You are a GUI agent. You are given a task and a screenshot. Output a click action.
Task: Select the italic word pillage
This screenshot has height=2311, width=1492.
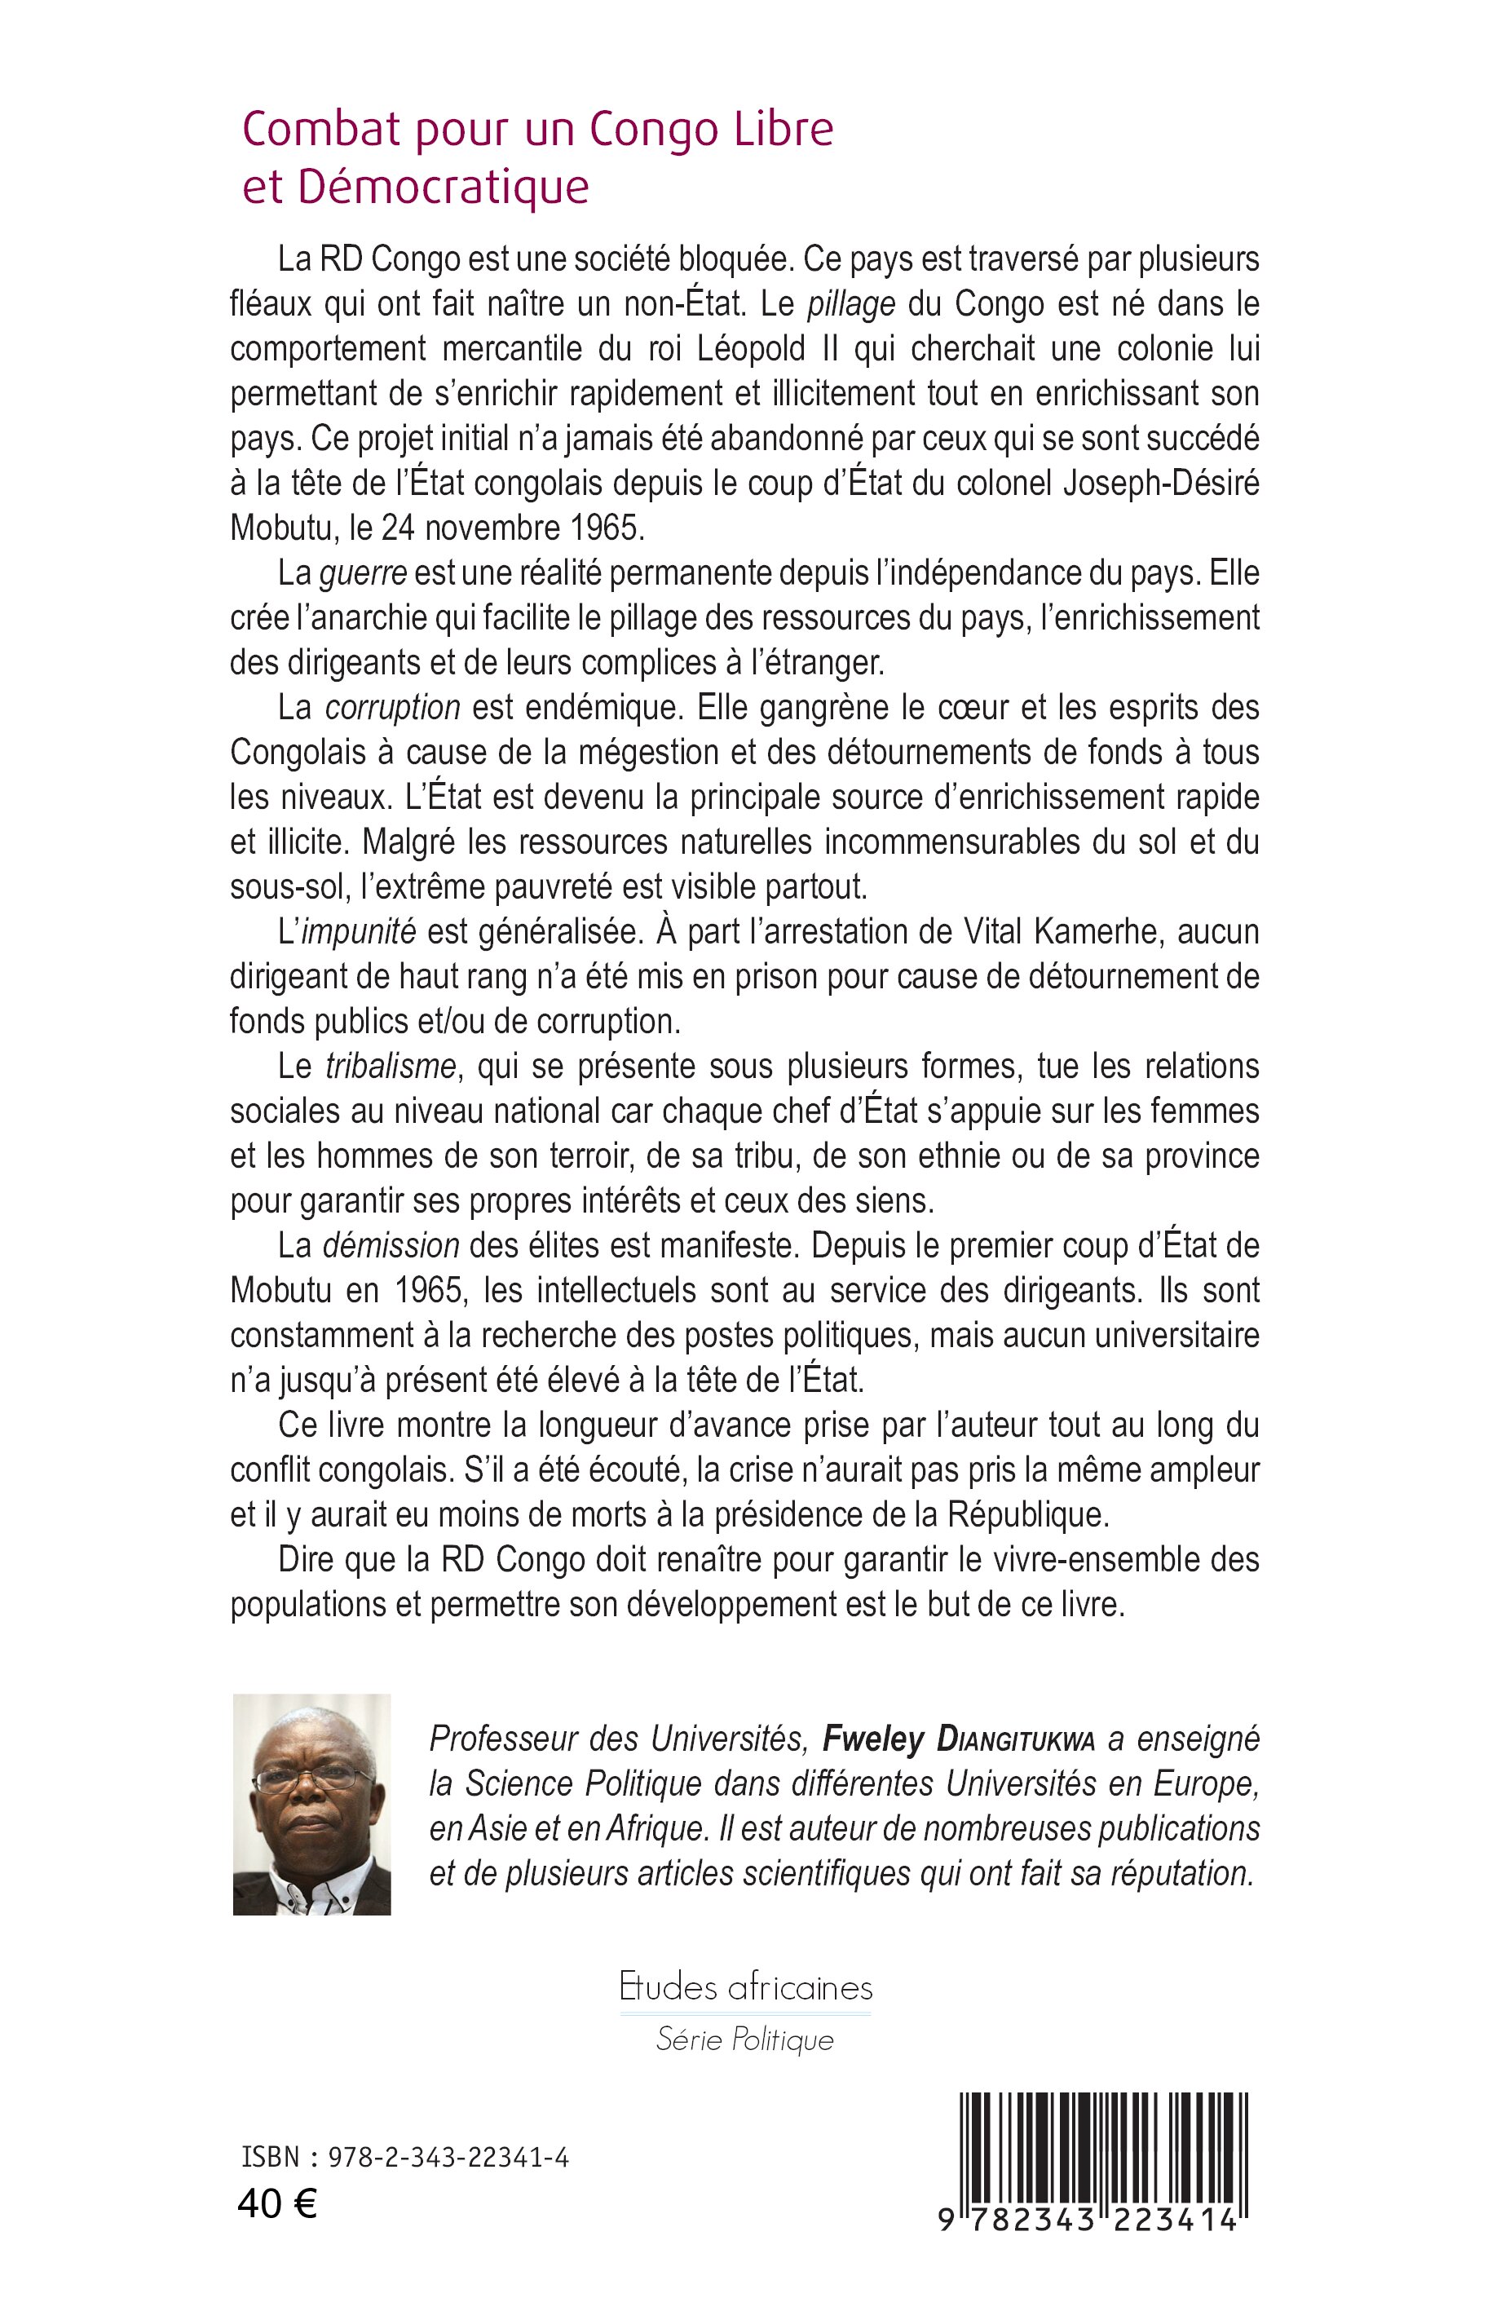coord(852,304)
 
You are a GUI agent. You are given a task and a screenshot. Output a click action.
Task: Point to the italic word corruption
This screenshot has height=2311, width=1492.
coord(392,707)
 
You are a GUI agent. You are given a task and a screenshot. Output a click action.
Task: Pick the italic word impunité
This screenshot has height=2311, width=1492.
coord(359,932)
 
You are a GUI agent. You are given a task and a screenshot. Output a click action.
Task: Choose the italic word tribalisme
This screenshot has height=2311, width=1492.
coord(391,1066)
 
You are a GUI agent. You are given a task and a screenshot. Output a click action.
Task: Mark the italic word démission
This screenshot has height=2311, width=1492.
coord(391,1245)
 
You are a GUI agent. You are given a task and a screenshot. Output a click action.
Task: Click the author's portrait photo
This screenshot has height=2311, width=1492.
coord(312,1805)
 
